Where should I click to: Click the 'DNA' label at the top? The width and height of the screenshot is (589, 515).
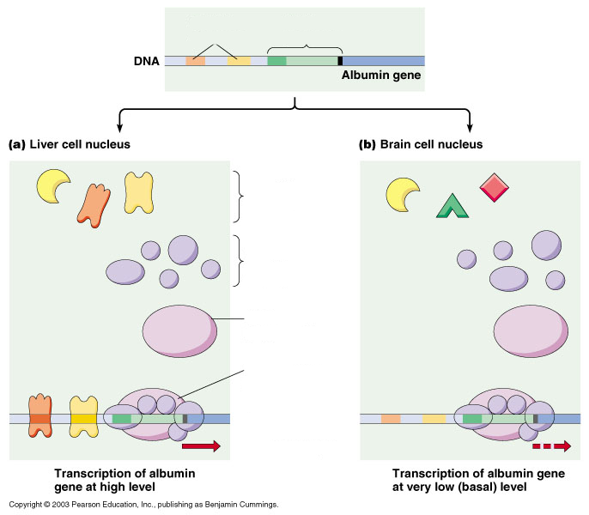coord(147,62)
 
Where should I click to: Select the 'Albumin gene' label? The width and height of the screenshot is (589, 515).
coord(380,76)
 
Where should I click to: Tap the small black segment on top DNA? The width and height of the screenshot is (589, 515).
coord(340,61)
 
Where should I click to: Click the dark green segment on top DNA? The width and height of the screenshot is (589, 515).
coord(276,61)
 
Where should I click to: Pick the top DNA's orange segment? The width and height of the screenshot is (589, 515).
coord(196,61)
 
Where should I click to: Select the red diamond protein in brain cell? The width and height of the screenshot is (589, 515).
coord(495,188)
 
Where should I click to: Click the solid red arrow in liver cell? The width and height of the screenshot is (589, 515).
coord(201,445)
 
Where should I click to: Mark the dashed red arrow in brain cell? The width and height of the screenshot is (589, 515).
coord(551,445)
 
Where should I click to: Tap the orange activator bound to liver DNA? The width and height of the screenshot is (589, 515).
coord(39,418)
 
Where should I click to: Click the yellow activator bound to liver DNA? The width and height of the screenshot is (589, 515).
coord(83,418)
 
